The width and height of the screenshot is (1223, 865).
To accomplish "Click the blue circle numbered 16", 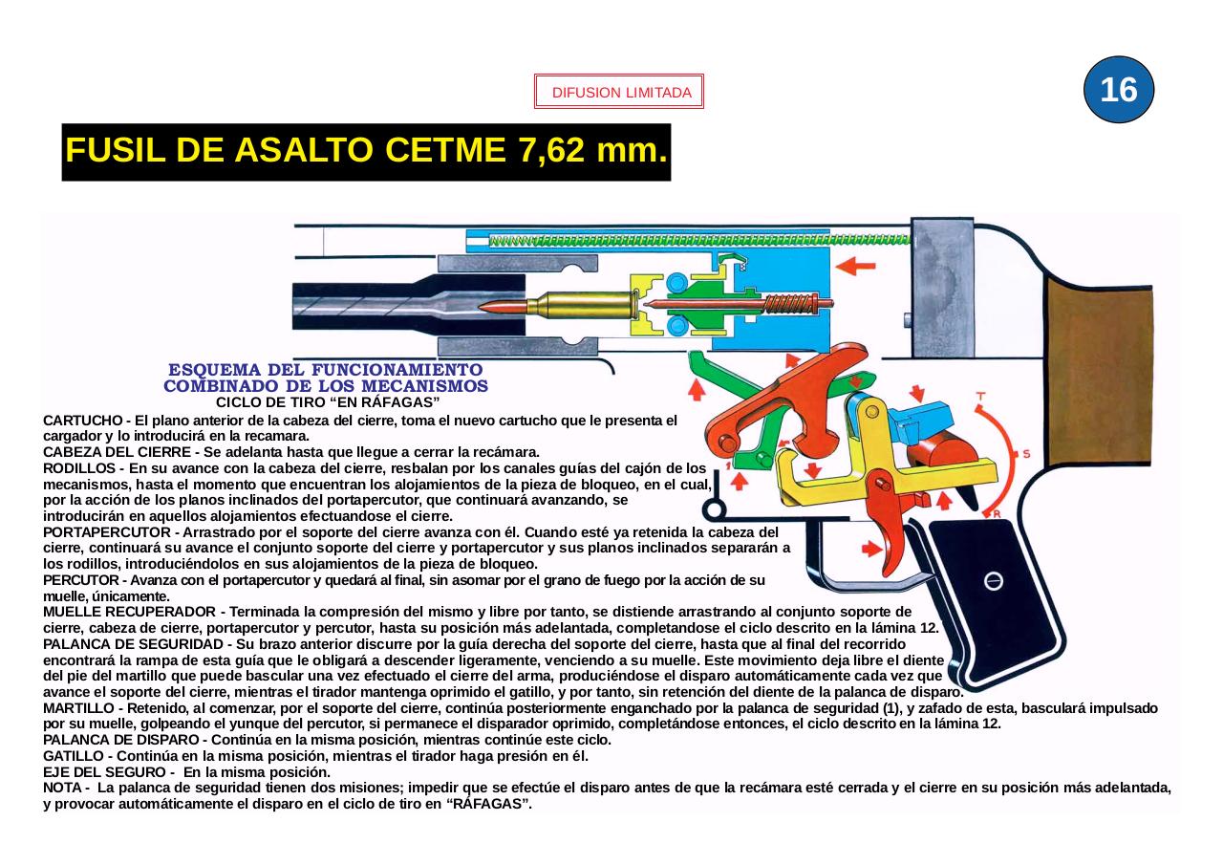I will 1119,90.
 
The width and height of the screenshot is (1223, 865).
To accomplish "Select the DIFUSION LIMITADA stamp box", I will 619,93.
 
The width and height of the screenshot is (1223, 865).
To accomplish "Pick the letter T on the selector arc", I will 980,396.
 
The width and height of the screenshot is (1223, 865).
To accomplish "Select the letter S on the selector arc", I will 1026,453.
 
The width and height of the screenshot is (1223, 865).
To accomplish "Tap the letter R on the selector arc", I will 997,514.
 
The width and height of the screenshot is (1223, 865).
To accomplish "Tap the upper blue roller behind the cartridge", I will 676,282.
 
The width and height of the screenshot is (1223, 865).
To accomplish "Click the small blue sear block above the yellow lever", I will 922,422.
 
